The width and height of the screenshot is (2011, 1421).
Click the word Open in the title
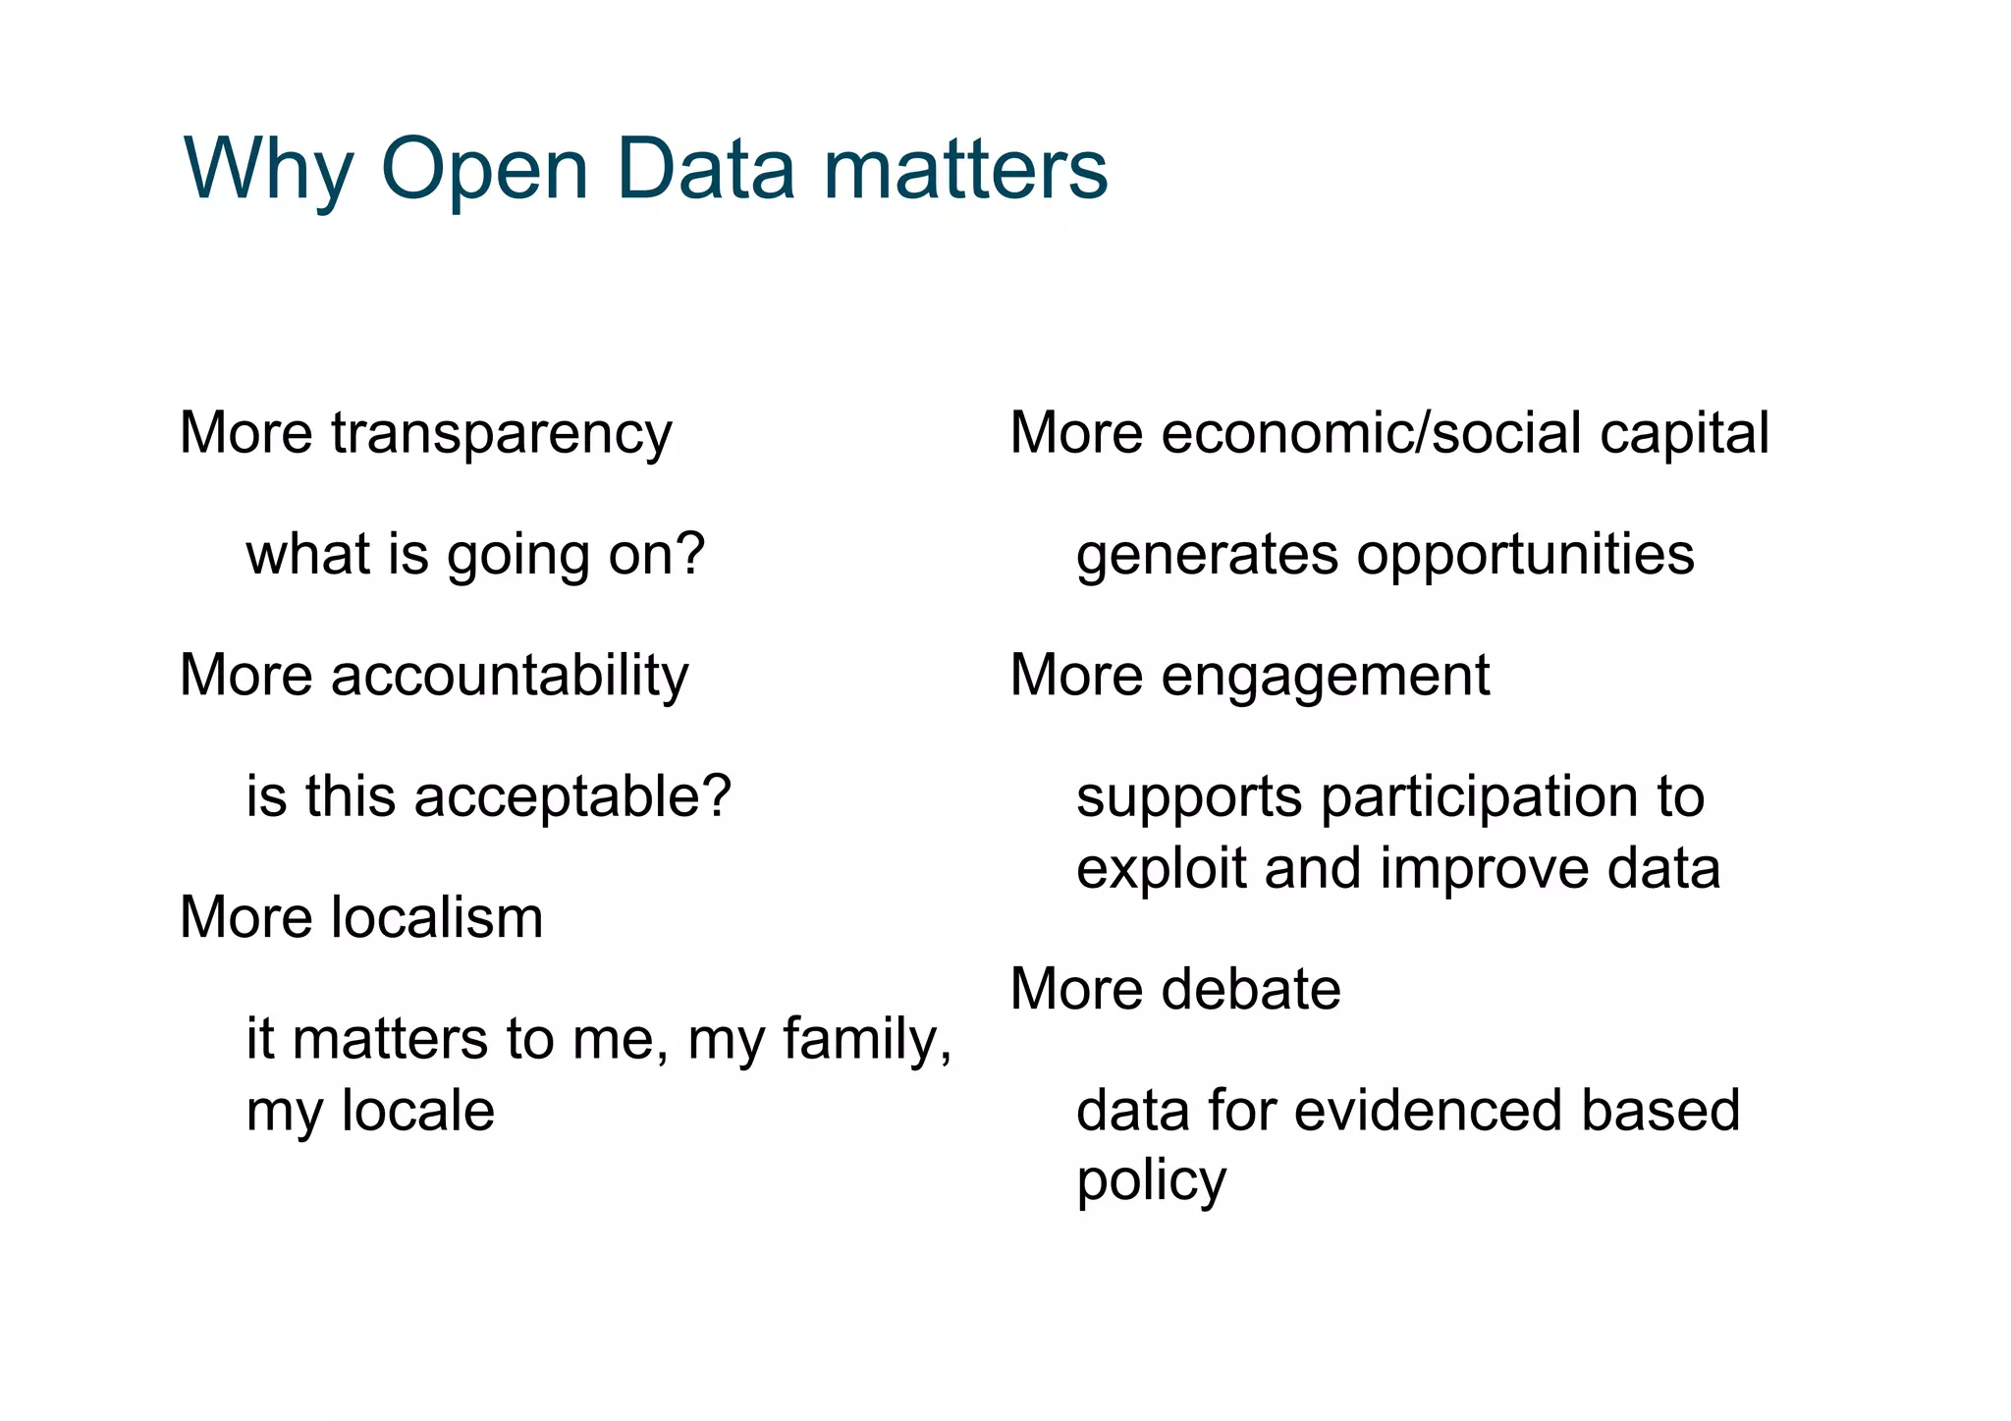[484, 170]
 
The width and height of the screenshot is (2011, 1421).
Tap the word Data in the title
[705, 170]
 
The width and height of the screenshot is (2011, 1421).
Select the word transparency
[501, 434]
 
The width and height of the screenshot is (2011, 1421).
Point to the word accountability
[510, 676]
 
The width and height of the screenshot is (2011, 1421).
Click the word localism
[436, 917]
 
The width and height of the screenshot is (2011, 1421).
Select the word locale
[417, 1111]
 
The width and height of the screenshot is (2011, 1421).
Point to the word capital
[1684, 434]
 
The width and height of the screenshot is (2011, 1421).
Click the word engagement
[1325, 678]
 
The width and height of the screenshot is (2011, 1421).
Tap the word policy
[1151, 1182]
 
